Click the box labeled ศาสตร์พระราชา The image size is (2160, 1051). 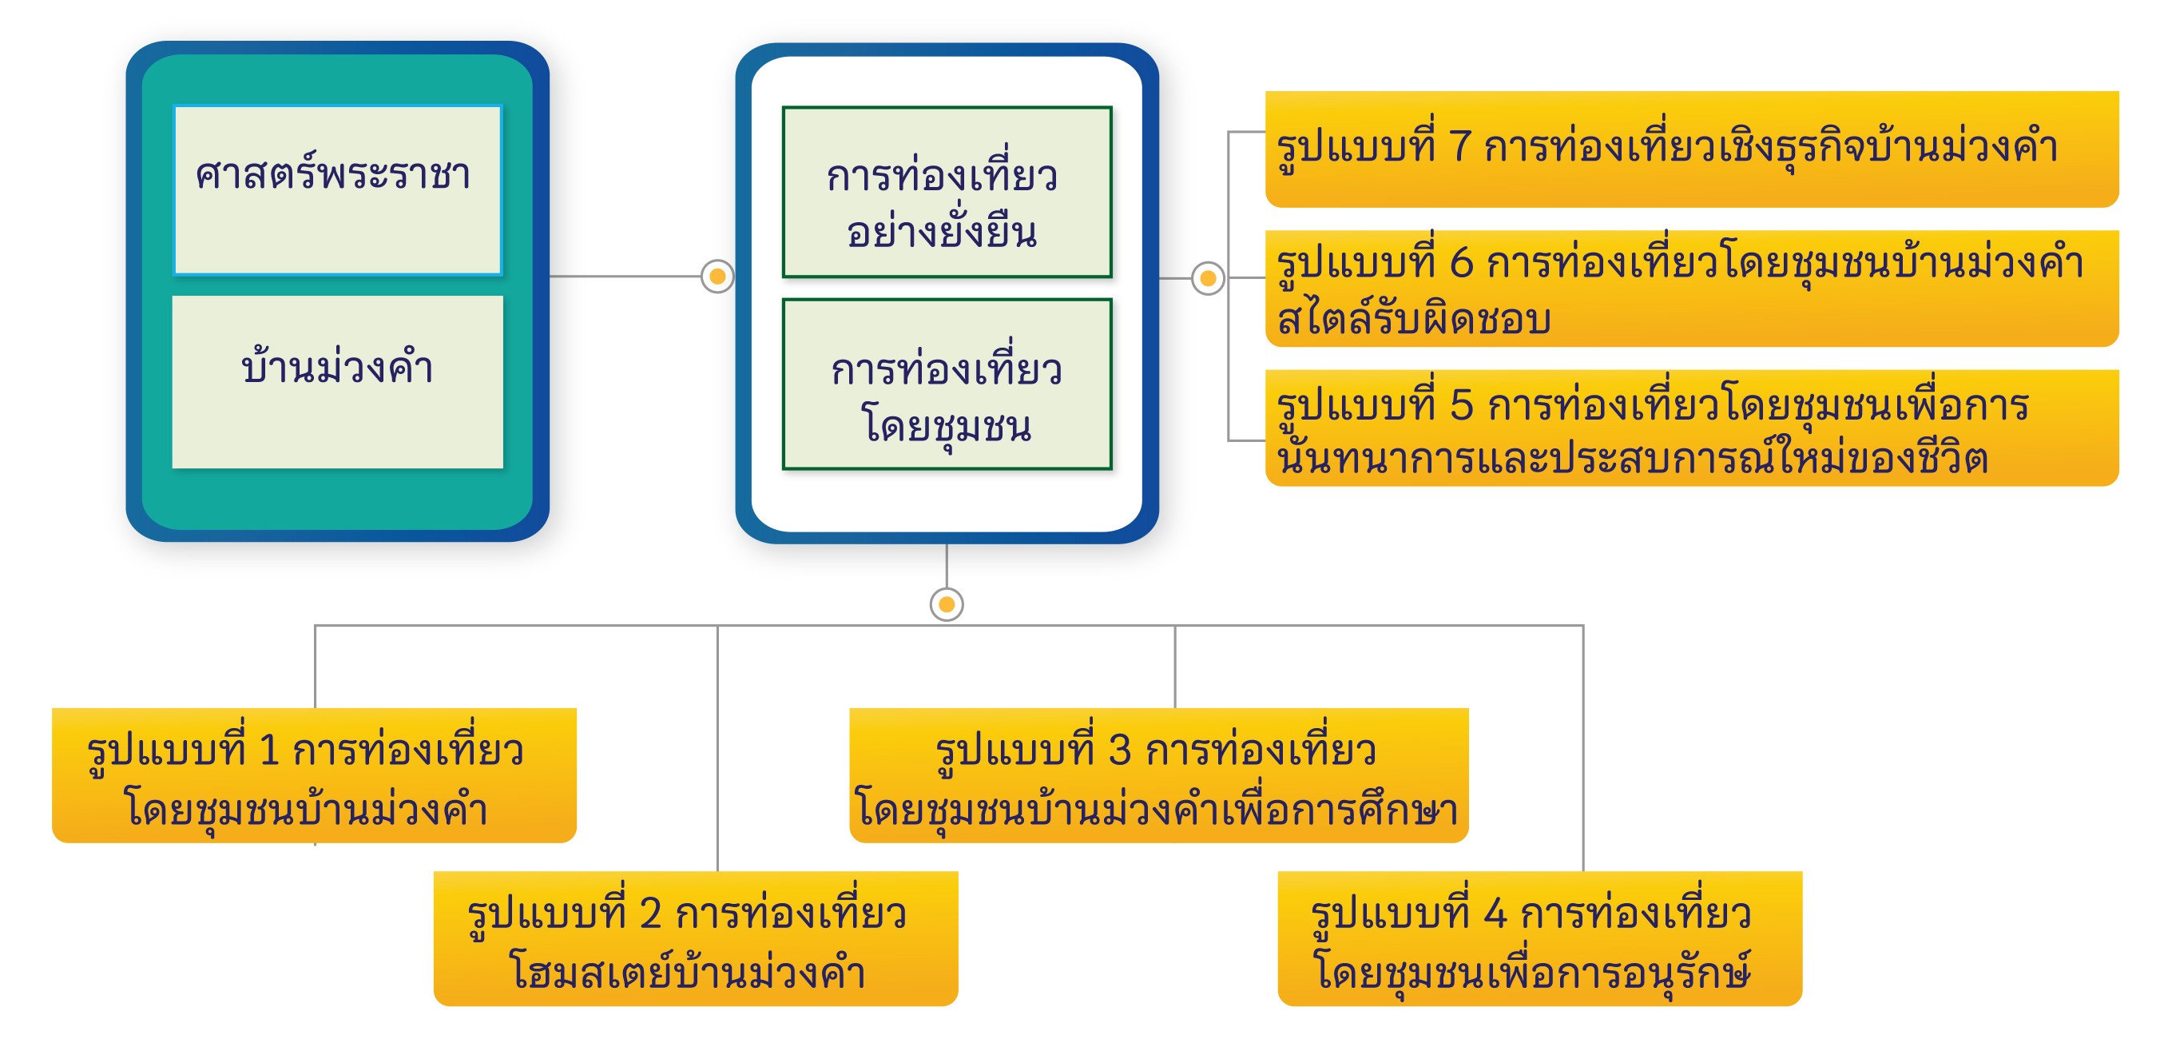tap(337, 189)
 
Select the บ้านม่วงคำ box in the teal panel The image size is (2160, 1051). tap(337, 382)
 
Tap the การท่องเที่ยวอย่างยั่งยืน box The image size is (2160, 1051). tap(947, 191)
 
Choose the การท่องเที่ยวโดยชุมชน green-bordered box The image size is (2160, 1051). tap(947, 384)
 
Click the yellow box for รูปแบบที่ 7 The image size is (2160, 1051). tap(1690, 149)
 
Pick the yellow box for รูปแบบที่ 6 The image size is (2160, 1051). tap(1690, 288)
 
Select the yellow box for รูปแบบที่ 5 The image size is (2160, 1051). tap(1690, 428)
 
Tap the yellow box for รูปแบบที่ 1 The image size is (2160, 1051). tap(314, 775)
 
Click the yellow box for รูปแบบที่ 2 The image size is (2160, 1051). tap(695, 938)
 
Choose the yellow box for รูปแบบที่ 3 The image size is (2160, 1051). tap(1158, 775)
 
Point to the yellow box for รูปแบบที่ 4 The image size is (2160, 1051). tap(1539, 938)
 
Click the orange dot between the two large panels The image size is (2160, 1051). tap(717, 276)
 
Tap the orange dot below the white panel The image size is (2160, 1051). tap(947, 604)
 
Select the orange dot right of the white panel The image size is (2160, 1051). tap(1208, 277)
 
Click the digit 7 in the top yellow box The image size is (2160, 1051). tap(1460, 147)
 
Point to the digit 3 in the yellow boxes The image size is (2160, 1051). tap(1119, 749)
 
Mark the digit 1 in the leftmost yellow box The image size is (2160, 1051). tap(268, 749)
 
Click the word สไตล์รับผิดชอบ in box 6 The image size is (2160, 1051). tap(1414, 320)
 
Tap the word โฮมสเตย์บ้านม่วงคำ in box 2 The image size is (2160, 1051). tap(688, 972)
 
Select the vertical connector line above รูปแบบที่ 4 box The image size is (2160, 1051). tap(1582, 746)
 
